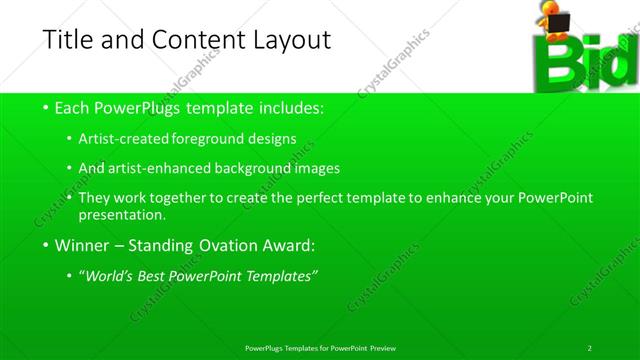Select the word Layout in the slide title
click(x=289, y=41)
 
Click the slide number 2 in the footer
click(x=589, y=347)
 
